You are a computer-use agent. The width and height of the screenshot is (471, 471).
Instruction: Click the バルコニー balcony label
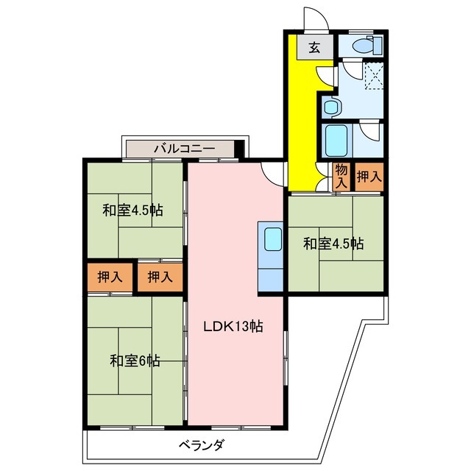click(x=184, y=149)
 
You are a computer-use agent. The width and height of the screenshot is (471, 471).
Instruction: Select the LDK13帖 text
click(x=233, y=325)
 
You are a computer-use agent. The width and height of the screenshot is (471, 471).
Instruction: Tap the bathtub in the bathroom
click(x=339, y=138)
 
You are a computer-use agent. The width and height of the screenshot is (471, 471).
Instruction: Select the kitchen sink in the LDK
click(x=272, y=239)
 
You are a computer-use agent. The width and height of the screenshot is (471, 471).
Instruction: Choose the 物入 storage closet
click(x=341, y=177)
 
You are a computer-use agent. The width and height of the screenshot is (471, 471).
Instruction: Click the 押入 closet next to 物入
click(x=369, y=177)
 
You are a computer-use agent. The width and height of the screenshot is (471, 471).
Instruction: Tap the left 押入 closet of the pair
click(x=110, y=277)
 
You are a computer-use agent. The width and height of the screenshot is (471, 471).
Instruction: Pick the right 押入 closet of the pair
click(x=160, y=277)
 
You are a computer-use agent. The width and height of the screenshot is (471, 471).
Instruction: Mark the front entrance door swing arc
click(x=314, y=21)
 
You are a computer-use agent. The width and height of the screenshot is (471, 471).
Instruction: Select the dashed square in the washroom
click(x=375, y=74)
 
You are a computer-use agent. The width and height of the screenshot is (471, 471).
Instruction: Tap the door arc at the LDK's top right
click(x=275, y=172)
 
